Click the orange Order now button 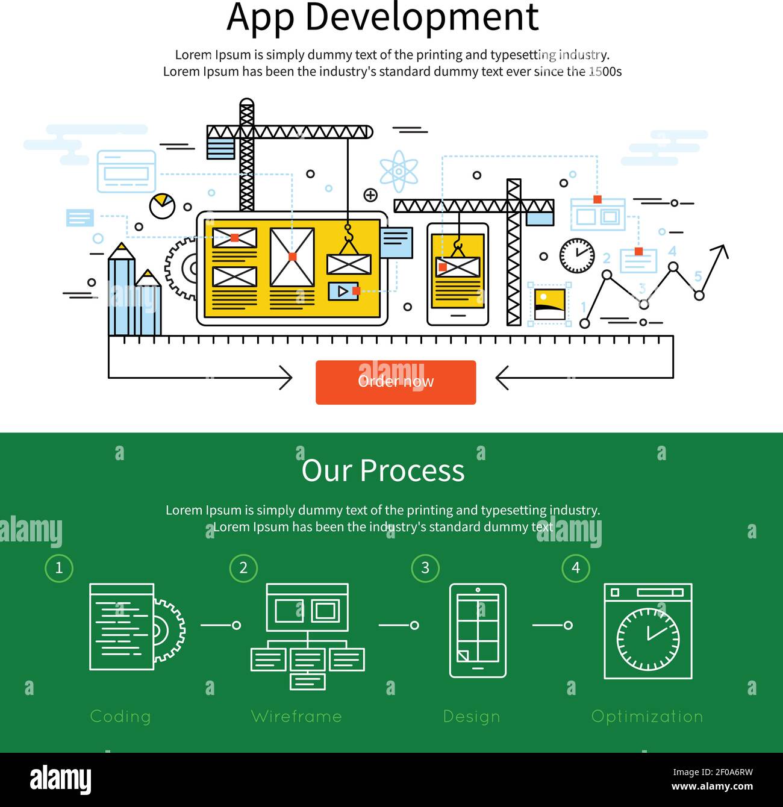[x=396, y=382]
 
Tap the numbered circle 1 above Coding [x=59, y=568]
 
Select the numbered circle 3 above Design [x=425, y=568]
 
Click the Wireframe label [x=296, y=716]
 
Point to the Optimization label [x=647, y=717]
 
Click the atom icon [x=399, y=171]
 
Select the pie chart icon [x=162, y=205]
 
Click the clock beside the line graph [x=576, y=255]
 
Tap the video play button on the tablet [x=343, y=291]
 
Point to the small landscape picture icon [x=549, y=304]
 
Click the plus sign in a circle [x=370, y=195]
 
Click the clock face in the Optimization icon [x=648, y=640]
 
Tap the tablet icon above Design [x=478, y=631]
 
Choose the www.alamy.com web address [x=712, y=786]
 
